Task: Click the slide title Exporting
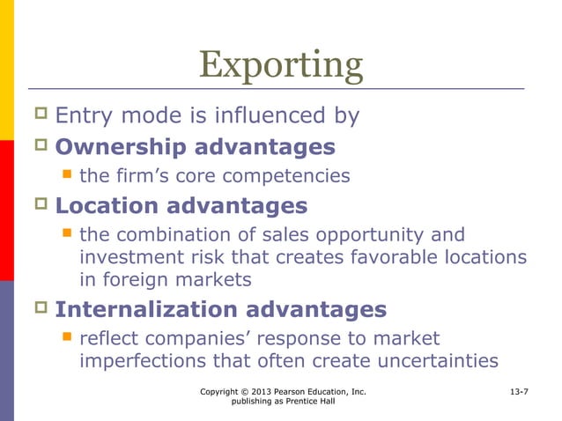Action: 280,65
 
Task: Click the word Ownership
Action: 122,146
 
